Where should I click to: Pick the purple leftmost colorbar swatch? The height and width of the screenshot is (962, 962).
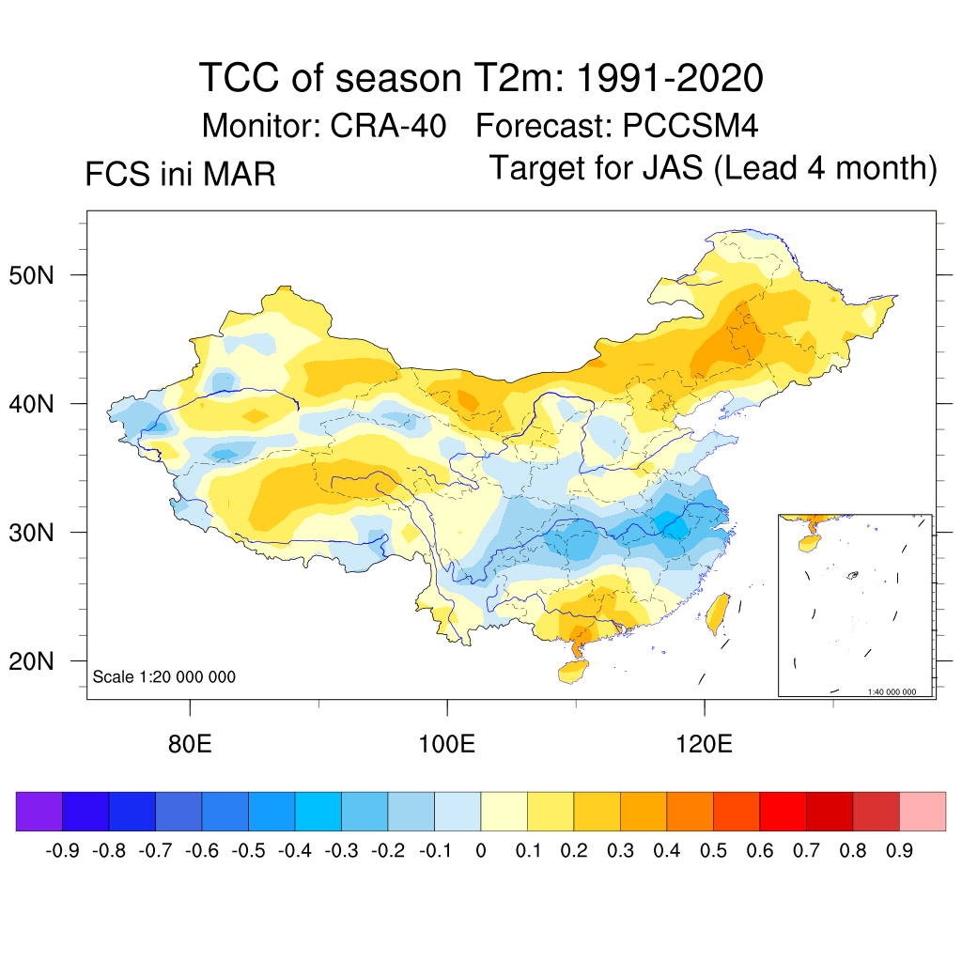click(39, 812)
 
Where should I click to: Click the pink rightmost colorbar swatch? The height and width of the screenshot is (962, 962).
click(923, 812)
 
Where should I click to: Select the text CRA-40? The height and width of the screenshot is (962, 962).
click(388, 125)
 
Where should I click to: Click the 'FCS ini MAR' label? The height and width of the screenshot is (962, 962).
click(180, 175)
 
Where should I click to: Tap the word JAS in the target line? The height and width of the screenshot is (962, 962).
click(675, 169)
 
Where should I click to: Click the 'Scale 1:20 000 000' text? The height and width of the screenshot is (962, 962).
click(164, 677)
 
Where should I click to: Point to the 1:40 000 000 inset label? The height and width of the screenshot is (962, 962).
click(897, 692)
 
